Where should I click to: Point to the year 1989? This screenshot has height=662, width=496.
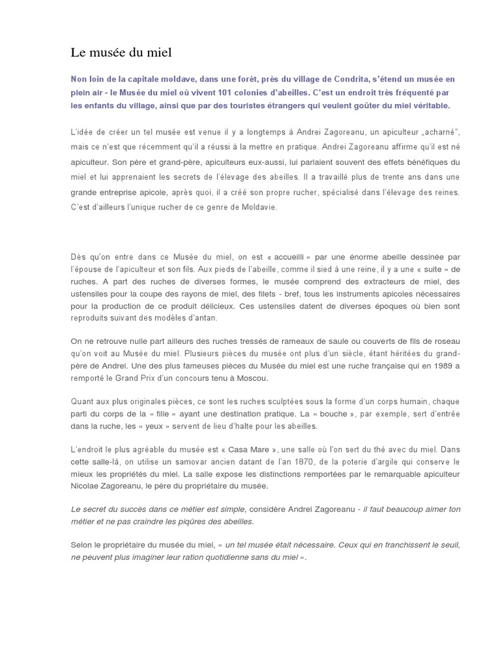(431, 366)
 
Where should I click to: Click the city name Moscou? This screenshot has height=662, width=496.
(249, 378)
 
